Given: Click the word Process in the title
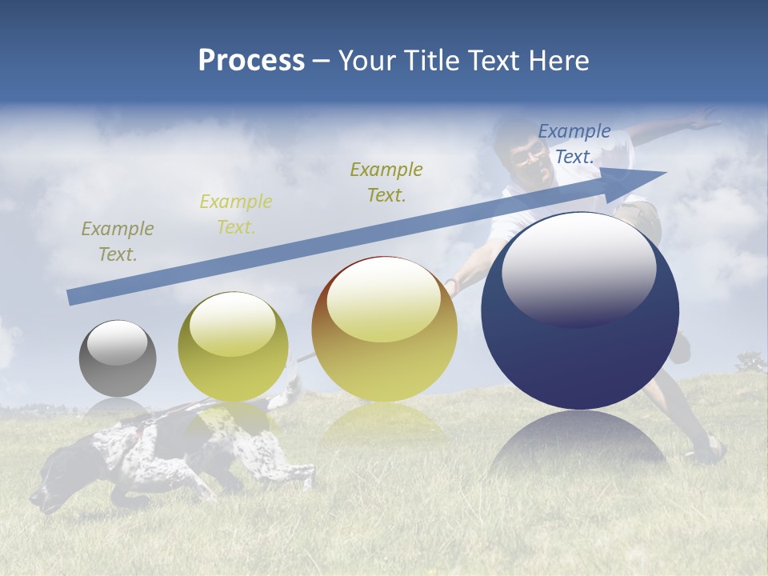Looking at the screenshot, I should pos(251,61).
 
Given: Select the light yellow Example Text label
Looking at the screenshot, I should pos(236,214).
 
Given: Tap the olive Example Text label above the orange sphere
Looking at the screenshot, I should pos(386,182).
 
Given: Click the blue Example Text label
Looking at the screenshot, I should pos(574,144).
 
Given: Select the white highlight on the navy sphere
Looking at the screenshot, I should pos(578,268).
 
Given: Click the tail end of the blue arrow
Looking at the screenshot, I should pos(74,297).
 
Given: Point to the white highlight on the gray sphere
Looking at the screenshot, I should pos(117,343).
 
